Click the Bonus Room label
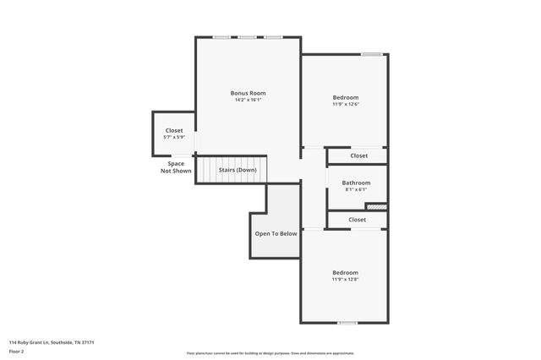(x=249, y=93)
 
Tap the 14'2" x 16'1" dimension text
(x=249, y=101)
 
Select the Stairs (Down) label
(x=238, y=170)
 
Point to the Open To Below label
(x=276, y=233)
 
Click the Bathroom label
(x=356, y=183)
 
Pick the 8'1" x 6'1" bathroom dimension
(x=356, y=189)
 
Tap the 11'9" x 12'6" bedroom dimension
(x=345, y=105)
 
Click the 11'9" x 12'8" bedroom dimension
(x=345, y=281)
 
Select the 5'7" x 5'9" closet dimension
(x=173, y=138)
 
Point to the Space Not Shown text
(x=176, y=167)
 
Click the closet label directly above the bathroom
(x=358, y=155)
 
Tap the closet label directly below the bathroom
(x=357, y=220)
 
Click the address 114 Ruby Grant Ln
(x=51, y=342)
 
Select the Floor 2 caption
(x=17, y=351)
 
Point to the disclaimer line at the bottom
(x=270, y=353)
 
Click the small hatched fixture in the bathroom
(x=376, y=205)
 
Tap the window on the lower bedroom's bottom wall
(x=347, y=323)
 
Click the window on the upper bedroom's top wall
(x=371, y=55)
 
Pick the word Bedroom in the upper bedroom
(x=345, y=97)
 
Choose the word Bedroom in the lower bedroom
(x=345, y=273)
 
